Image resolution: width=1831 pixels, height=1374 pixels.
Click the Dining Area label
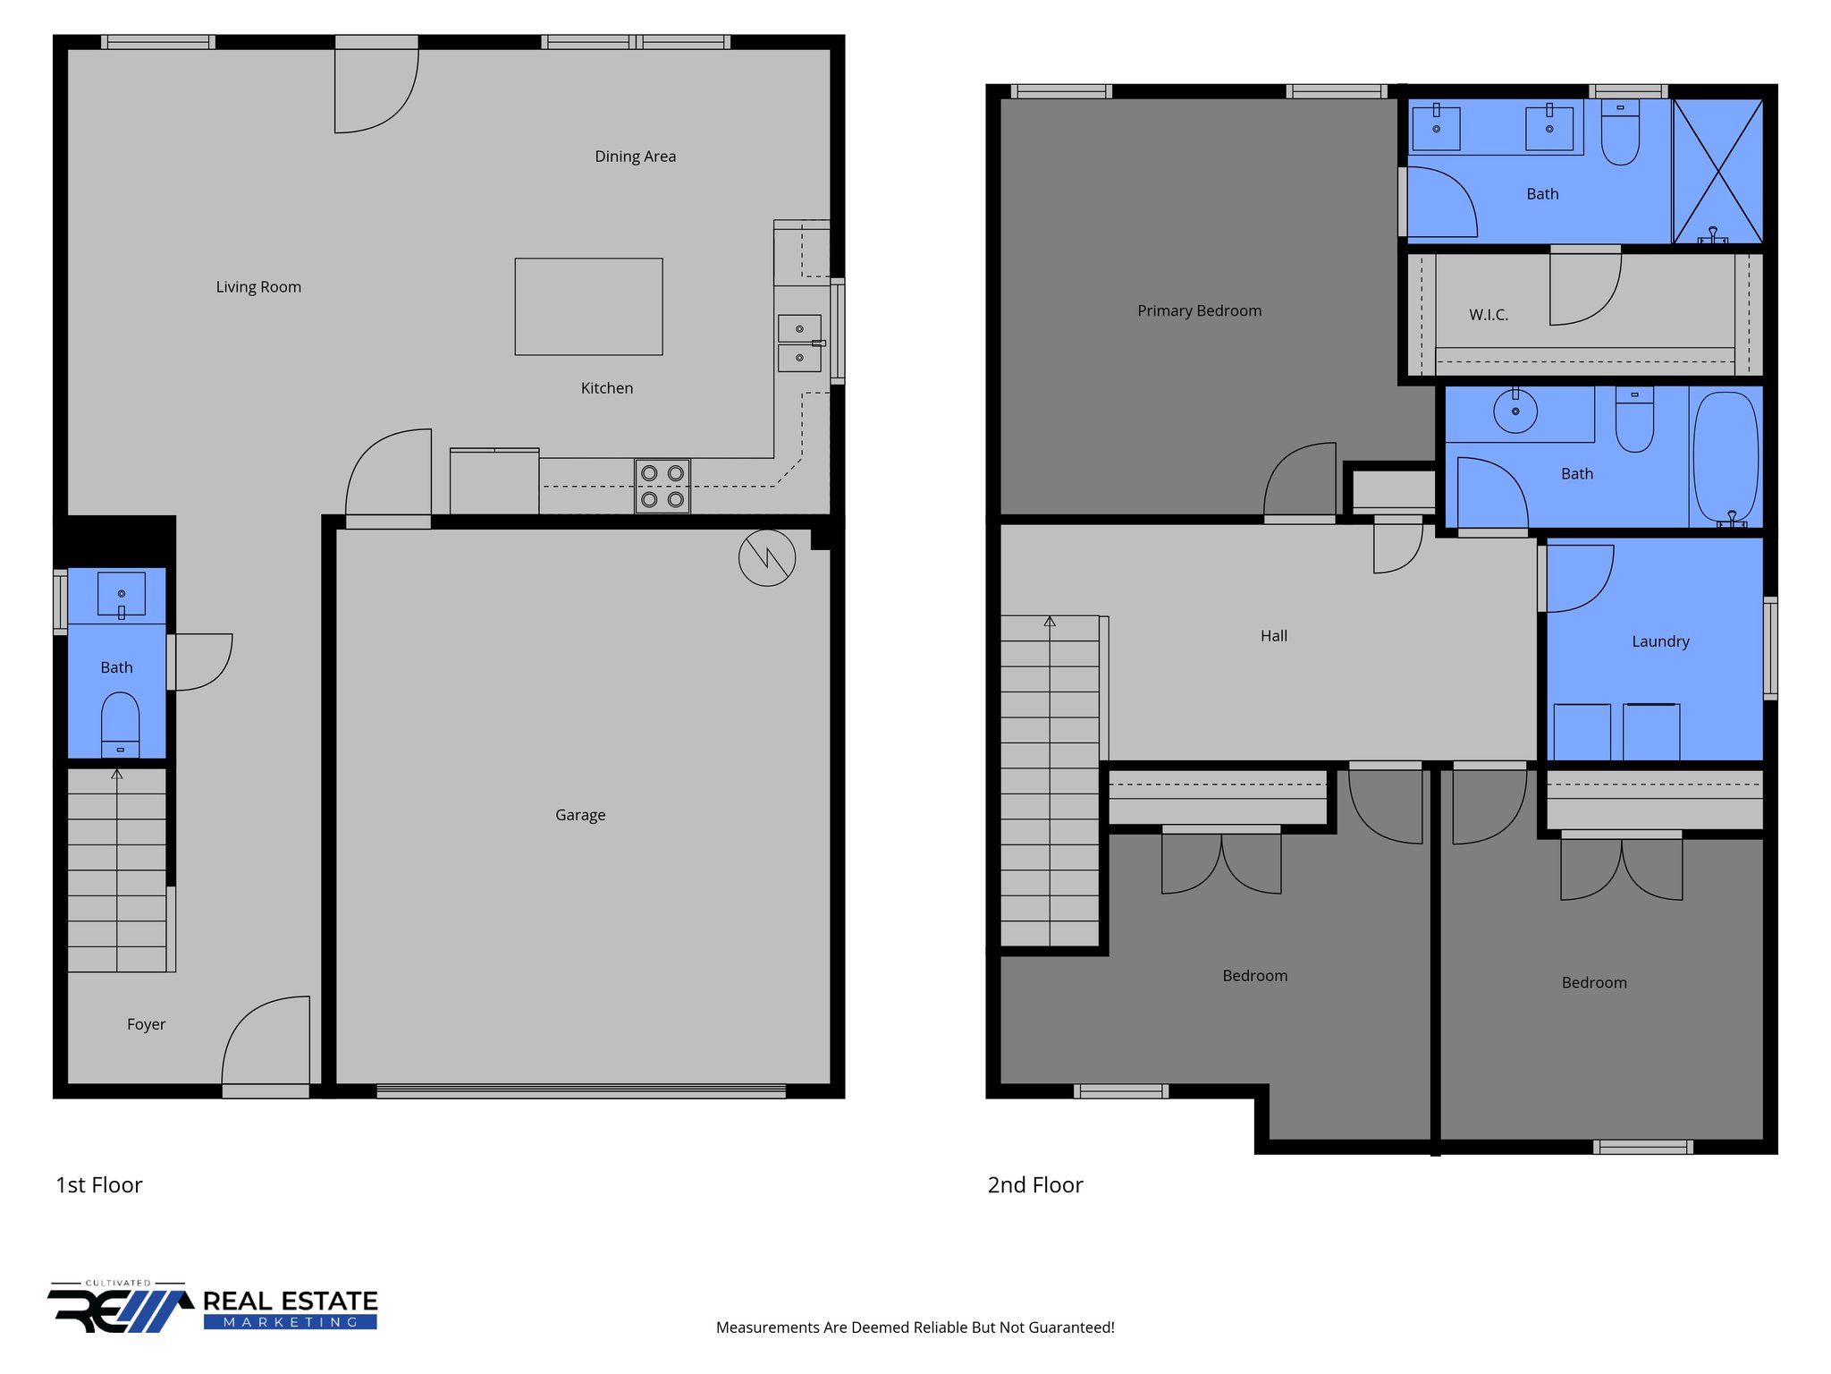(635, 157)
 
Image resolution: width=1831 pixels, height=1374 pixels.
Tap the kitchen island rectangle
(588, 307)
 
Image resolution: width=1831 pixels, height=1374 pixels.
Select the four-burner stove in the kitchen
(662, 487)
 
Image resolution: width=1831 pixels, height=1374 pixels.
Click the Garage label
(580, 815)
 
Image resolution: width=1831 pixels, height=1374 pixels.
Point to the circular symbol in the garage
(767, 558)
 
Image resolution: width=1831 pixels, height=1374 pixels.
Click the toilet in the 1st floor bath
(120, 723)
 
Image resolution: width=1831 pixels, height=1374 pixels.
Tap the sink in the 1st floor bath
(122, 594)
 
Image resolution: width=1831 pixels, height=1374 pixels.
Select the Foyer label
(146, 1024)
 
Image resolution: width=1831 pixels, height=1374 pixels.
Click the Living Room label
(258, 287)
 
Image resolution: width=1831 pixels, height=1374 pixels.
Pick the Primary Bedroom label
(1199, 311)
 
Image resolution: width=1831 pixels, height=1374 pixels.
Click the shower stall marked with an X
(1717, 171)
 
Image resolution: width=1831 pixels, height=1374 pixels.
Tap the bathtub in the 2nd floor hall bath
(1726, 456)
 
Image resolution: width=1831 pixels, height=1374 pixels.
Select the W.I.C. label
(1489, 315)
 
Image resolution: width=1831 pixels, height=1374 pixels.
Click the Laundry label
(1660, 641)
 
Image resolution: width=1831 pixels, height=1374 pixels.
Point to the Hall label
(1274, 636)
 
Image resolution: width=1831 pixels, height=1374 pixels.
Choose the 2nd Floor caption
(1034, 1185)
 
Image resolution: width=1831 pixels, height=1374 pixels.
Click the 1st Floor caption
(99, 1185)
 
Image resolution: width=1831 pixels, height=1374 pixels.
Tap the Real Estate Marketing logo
(213, 1309)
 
